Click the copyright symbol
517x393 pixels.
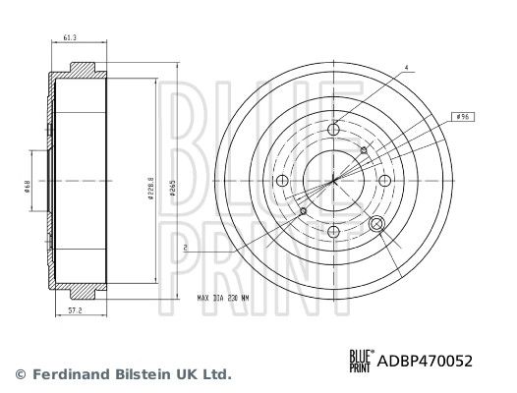19,374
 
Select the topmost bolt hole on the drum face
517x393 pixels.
334,128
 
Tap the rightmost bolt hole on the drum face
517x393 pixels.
386,180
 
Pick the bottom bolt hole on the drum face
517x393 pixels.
334,232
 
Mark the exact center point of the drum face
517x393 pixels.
334,180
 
